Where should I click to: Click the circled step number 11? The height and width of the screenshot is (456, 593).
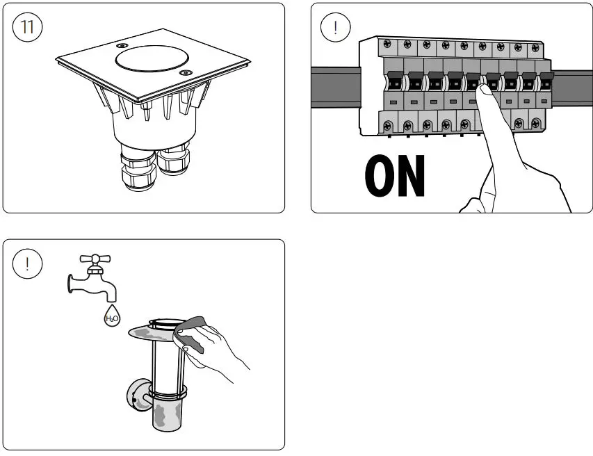(x=28, y=28)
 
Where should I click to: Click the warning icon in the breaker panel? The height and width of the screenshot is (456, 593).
(x=336, y=28)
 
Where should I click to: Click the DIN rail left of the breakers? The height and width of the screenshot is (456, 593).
(x=334, y=87)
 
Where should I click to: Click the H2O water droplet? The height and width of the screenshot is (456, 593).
(x=111, y=317)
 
